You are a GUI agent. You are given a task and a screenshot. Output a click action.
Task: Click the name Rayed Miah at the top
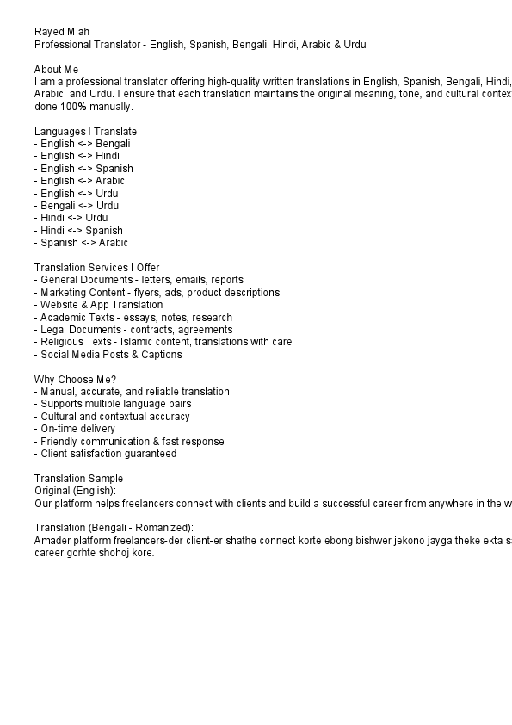pyautogui.click(x=61, y=32)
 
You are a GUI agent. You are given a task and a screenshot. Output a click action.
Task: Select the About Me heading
pyautogui.click(x=57, y=69)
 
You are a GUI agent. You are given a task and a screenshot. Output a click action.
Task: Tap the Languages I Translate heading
pyautogui.click(x=85, y=132)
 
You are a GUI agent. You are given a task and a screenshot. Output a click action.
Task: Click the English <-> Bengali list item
pyautogui.click(x=83, y=144)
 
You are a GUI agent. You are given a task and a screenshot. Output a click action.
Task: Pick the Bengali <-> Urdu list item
pyautogui.click(x=77, y=206)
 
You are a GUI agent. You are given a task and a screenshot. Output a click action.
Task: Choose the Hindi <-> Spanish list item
pyautogui.click(x=78, y=231)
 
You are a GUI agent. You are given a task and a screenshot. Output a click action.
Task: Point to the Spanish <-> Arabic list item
pyautogui.click(x=81, y=243)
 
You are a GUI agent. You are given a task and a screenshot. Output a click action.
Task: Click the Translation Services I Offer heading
pyautogui.click(x=96, y=268)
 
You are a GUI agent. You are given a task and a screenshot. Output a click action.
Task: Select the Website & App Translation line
pyautogui.click(x=98, y=305)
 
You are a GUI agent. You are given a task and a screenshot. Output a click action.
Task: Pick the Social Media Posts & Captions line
pyautogui.click(x=108, y=355)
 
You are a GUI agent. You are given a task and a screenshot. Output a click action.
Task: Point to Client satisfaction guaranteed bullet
pyautogui.click(x=106, y=454)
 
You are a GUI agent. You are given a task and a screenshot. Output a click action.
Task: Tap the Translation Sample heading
pyautogui.click(x=78, y=479)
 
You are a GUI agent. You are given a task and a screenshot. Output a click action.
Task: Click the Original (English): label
pyautogui.click(x=75, y=491)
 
